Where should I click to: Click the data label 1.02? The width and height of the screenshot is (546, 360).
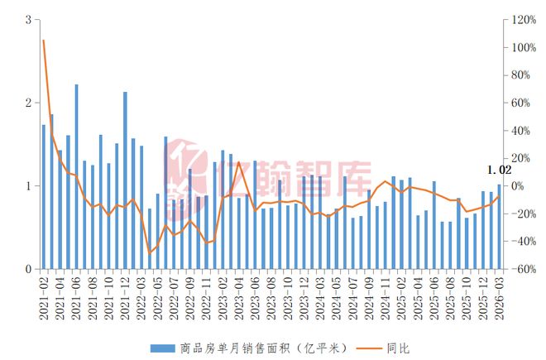pyautogui.click(x=500, y=170)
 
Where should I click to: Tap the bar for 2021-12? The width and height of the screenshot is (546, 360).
pyautogui.click(x=125, y=180)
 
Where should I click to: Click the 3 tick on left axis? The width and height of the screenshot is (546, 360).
pyautogui.click(x=30, y=20)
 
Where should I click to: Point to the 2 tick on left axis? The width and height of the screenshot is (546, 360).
pyautogui.click(x=30, y=103)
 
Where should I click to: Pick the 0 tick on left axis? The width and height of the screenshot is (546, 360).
pyautogui.click(x=30, y=270)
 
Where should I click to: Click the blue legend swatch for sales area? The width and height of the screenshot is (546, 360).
pyautogui.click(x=162, y=348)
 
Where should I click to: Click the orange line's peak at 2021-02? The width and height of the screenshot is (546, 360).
pyautogui.click(x=44, y=40)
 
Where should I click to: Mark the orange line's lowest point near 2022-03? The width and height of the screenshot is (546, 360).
pyautogui.click(x=150, y=253)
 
